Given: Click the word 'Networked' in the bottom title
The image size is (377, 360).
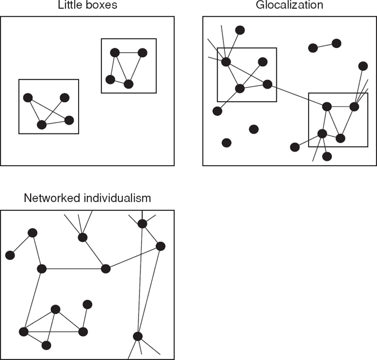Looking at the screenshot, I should click(x=51, y=199).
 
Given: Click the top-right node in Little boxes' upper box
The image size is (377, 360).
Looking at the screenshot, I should click(x=143, y=53).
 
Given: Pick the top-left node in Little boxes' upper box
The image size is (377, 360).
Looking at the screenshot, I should click(x=115, y=53).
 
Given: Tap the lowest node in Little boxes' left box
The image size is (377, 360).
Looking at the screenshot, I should click(x=41, y=125).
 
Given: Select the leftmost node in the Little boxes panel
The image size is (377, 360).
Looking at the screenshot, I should click(x=28, y=97).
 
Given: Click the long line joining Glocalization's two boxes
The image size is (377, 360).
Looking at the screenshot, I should click(x=296, y=95).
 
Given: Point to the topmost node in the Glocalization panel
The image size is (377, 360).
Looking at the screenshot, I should click(x=240, y=30).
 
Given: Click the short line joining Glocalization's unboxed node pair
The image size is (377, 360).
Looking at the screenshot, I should click(x=325, y=46).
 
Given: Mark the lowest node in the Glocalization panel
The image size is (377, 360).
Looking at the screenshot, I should click(x=327, y=156).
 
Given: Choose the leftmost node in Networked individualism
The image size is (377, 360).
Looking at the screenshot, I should click(x=10, y=255).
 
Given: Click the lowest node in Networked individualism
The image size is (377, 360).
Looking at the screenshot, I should click(x=46, y=345).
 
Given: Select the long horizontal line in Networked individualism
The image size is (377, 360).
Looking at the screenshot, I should click(x=73, y=269).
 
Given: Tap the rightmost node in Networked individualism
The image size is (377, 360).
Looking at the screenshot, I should click(x=160, y=246).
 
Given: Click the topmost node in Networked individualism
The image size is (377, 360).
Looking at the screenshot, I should click(x=142, y=223).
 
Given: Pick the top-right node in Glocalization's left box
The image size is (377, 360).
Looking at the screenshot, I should click(x=262, y=62).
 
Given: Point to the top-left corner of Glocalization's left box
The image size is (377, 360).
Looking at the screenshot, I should click(x=218, y=48).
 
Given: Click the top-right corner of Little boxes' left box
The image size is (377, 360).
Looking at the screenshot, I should click(x=79, y=80).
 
